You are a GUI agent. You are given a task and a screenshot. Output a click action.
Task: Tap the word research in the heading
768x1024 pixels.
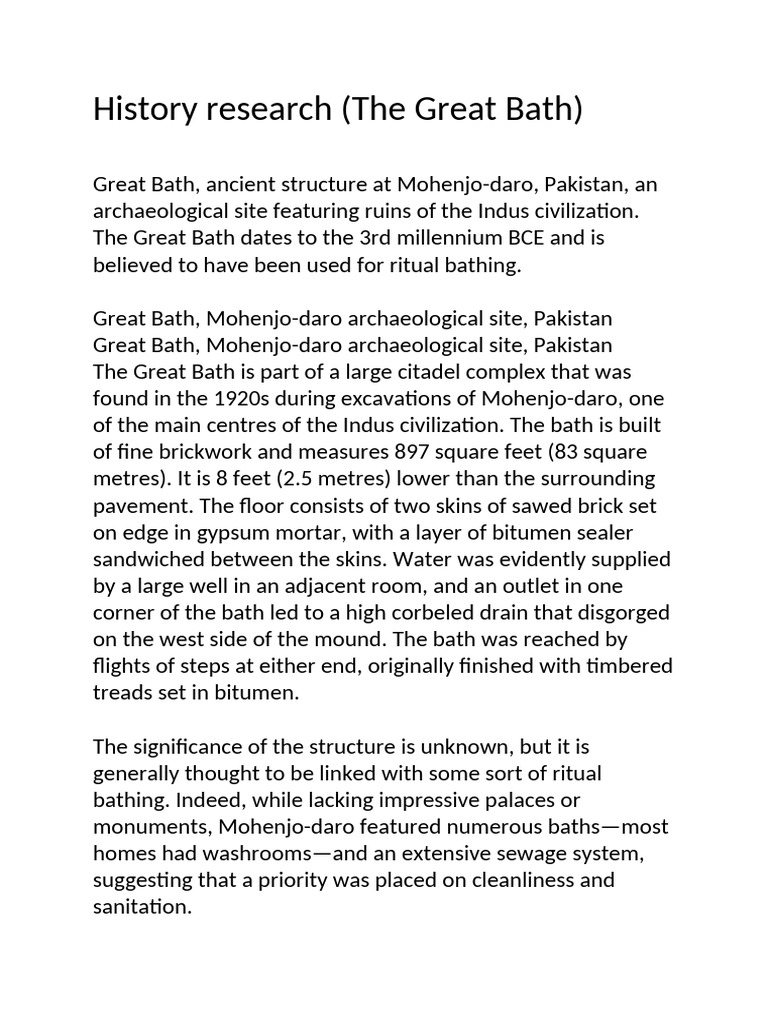(259, 109)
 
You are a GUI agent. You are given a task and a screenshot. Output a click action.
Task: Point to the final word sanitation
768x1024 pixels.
(141, 906)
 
